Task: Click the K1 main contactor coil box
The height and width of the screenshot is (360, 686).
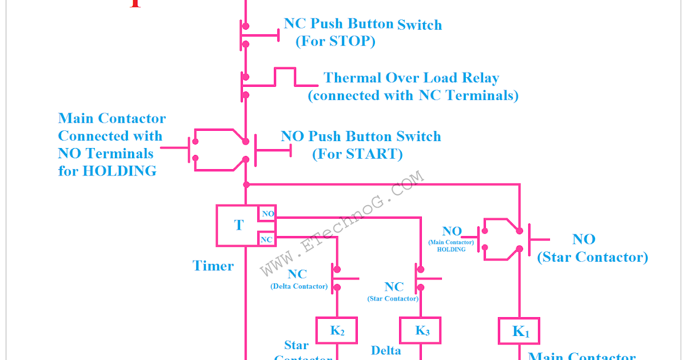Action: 519,331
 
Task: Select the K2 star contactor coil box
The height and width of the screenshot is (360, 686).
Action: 337,331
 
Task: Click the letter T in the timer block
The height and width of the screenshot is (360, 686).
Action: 238,225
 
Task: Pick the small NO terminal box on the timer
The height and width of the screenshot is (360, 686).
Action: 268,214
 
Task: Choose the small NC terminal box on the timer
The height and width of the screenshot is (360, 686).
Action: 267,239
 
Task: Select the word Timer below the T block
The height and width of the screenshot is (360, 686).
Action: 213,266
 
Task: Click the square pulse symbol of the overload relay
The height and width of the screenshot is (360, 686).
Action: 285,77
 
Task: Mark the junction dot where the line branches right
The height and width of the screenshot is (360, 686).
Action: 246,185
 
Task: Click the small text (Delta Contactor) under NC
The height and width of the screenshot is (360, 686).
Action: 299,286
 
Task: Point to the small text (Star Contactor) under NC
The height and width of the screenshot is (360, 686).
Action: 393,299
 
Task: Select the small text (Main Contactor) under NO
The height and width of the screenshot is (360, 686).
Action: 451,242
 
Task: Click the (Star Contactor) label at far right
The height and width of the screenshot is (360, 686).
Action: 593,257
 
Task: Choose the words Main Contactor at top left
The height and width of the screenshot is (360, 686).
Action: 112,119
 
